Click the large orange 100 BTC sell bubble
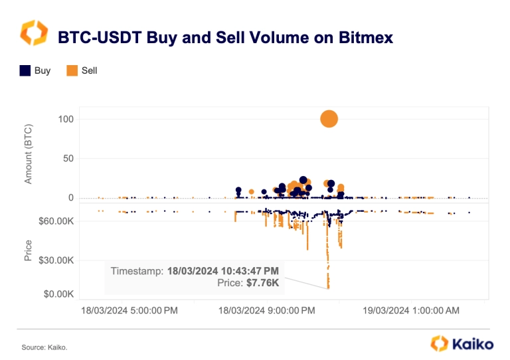[329, 119]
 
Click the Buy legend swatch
[25, 70]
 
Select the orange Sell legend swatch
[72, 70]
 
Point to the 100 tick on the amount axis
[65, 120]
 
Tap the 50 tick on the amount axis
[68, 159]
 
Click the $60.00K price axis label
[58, 221]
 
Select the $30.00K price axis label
[58, 260]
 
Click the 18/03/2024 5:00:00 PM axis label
[129, 311]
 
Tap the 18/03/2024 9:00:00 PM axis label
[267, 311]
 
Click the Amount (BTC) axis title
[29, 152]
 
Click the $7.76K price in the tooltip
[264, 283]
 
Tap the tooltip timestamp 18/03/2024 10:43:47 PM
[222, 271]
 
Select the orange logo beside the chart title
[33, 34]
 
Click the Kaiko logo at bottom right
[462, 344]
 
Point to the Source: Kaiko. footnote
[44, 347]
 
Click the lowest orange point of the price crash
[328, 288]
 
